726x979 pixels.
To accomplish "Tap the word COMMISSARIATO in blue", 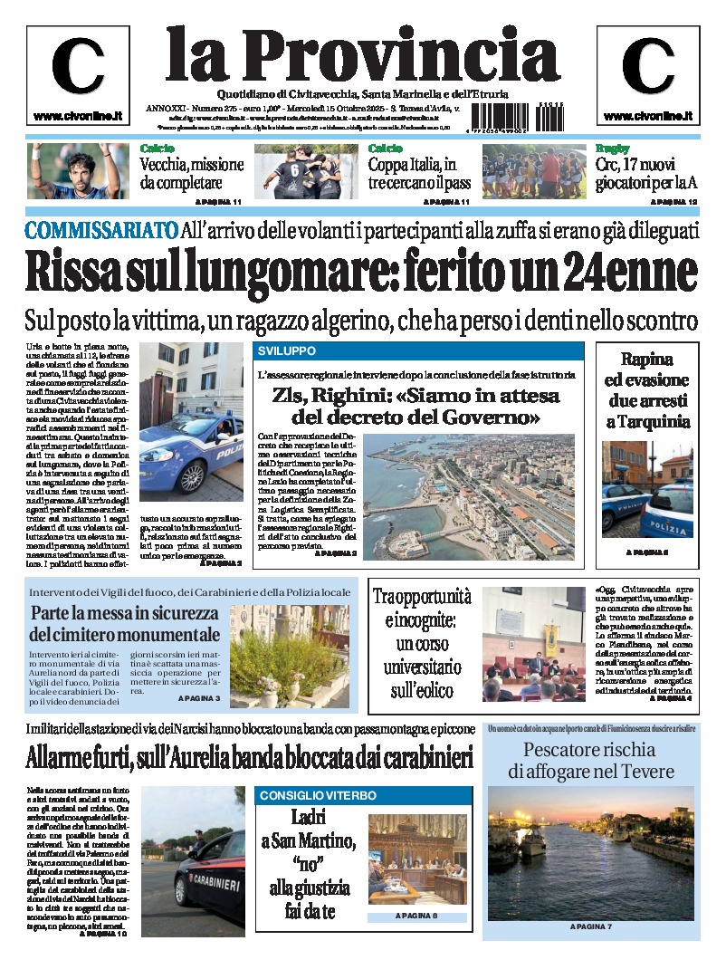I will coord(101,230).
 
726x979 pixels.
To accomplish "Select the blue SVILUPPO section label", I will coord(287,350).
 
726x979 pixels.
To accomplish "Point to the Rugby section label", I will coord(612,149).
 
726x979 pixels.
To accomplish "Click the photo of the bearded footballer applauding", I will coord(79,171).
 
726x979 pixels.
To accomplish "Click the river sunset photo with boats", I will coord(590,853).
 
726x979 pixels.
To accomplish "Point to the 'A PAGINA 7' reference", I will coord(591,926).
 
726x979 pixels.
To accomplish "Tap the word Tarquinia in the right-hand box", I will coord(648,422).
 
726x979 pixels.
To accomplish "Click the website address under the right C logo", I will coord(647,116).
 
